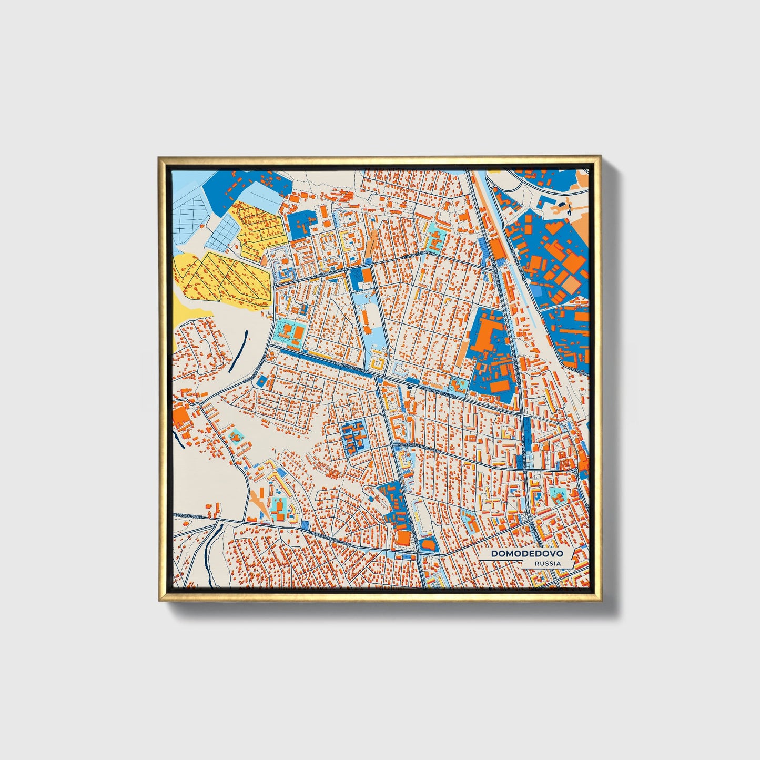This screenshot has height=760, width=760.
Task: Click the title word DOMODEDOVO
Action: pyautogui.click(x=526, y=554)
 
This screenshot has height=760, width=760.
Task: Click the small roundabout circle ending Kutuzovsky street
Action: pyautogui.click(x=576, y=469)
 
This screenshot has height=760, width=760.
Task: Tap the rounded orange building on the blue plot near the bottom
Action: pyautogui.click(x=427, y=544)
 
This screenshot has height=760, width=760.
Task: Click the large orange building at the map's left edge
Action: pyautogui.click(x=181, y=416)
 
